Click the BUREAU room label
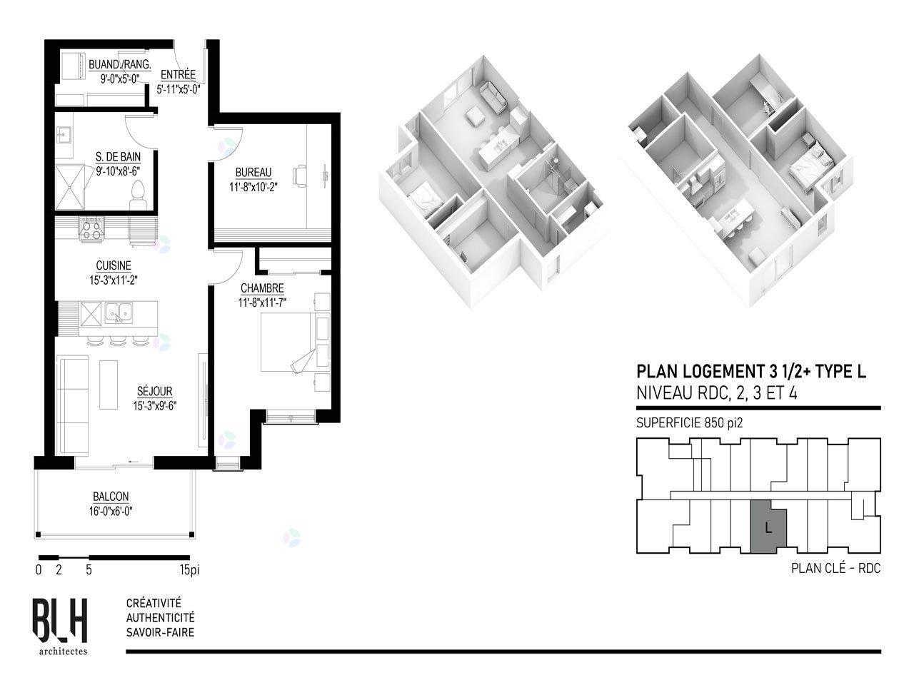click(x=253, y=172)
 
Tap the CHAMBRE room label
click(x=262, y=288)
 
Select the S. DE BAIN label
click(x=118, y=157)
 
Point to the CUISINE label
click(x=114, y=265)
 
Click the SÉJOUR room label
click(x=154, y=391)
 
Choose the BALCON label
click(x=111, y=496)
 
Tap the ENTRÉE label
click(x=179, y=74)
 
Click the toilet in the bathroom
click(x=137, y=196)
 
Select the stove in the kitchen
click(x=91, y=229)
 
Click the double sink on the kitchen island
click(x=119, y=313)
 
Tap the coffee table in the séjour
click(x=109, y=385)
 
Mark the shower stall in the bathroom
click(x=69, y=188)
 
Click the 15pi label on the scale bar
click(x=190, y=570)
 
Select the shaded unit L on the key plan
click(x=768, y=527)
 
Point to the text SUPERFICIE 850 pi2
click(x=689, y=423)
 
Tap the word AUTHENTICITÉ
click(x=161, y=618)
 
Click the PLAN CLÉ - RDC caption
click(x=835, y=568)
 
